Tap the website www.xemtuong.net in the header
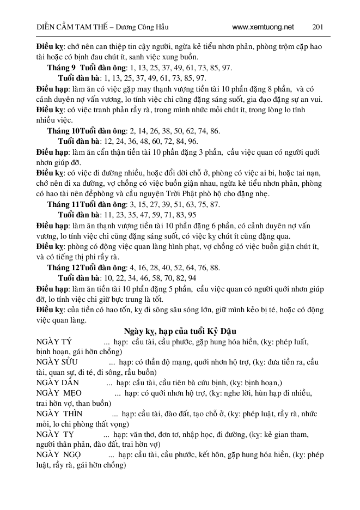[263, 27]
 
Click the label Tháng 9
[62, 68]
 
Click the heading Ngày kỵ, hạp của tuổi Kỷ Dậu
[179, 331]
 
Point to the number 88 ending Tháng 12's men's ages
[215, 268]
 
